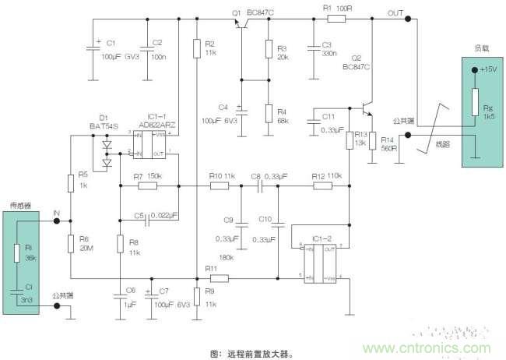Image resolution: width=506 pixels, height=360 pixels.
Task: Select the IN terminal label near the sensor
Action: [x=56, y=212]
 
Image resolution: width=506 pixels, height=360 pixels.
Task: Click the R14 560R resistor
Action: [x=373, y=140]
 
